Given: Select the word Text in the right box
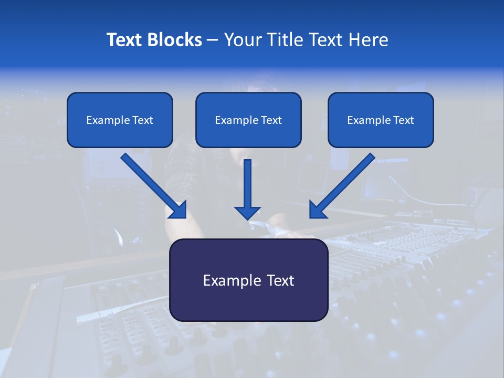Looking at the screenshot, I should [403, 120].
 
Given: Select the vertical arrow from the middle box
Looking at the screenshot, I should [247, 184].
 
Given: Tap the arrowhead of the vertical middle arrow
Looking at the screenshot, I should [247, 212].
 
